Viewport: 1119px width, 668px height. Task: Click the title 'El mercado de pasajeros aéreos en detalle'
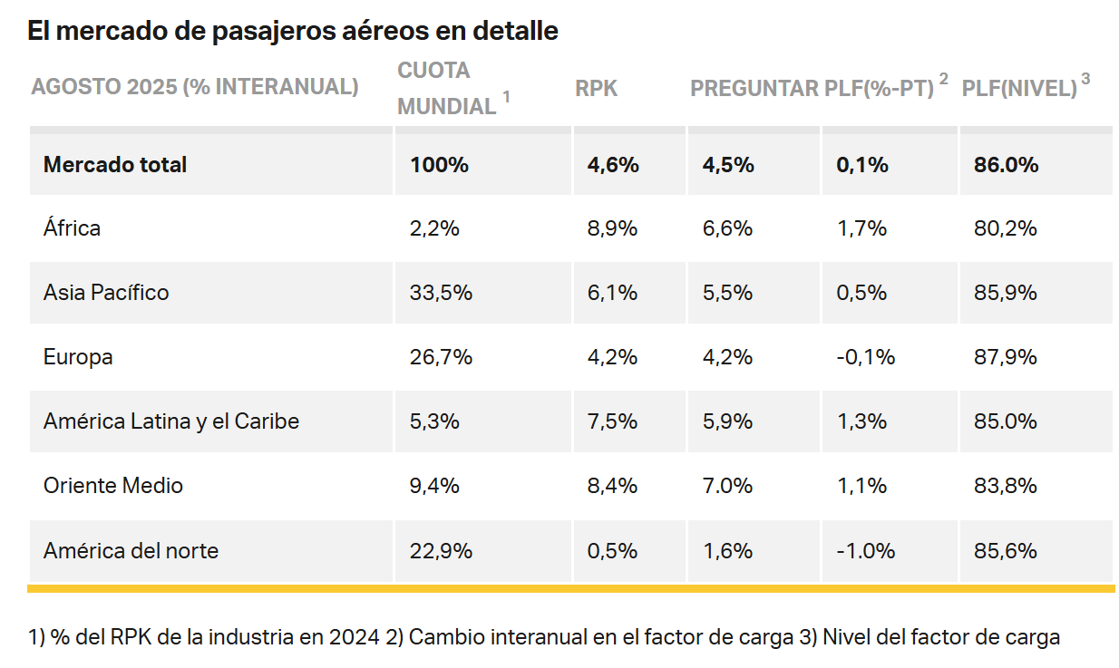(x=292, y=32)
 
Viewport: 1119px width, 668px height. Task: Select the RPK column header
(x=596, y=88)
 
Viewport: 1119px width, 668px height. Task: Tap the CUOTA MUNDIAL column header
(x=447, y=88)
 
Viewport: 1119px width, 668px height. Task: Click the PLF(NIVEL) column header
(x=1019, y=88)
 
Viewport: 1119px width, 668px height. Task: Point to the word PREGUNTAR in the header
(x=754, y=88)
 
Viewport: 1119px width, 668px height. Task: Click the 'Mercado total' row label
(x=115, y=165)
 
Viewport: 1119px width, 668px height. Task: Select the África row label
(x=72, y=228)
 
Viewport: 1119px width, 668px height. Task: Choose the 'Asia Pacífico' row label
(x=106, y=293)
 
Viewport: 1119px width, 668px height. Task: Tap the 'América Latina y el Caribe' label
(x=170, y=421)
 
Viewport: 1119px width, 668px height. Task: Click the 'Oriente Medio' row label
(x=112, y=486)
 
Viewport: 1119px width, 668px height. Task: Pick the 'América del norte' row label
(x=131, y=550)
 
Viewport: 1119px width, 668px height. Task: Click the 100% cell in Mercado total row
(x=439, y=165)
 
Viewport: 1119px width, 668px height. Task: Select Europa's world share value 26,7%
(x=441, y=357)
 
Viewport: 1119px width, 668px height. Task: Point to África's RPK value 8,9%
(x=612, y=228)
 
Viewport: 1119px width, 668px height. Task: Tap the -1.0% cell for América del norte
(x=865, y=550)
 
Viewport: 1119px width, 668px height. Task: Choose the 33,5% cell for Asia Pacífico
(x=441, y=293)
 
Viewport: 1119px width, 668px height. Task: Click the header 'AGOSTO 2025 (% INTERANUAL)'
(x=195, y=88)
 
